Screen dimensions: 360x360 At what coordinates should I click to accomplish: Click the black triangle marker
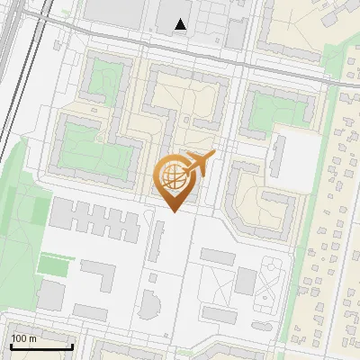pyautogui.click(x=182, y=25)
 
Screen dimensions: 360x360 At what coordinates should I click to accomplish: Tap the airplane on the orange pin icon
pyautogui.click(x=197, y=164)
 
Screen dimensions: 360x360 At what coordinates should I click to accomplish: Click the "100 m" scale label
pyautogui.click(x=22, y=338)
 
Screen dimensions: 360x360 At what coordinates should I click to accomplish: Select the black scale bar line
pyautogui.click(x=40, y=346)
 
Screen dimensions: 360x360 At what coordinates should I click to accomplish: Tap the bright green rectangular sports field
pyautogui.click(x=54, y=265)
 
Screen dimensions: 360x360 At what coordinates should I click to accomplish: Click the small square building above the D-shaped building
pyautogui.click(x=152, y=279)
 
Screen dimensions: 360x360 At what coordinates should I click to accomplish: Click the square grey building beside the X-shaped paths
pyautogui.click(x=245, y=282)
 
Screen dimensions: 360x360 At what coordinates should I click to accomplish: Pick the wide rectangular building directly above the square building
pyautogui.click(x=217, y=256)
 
